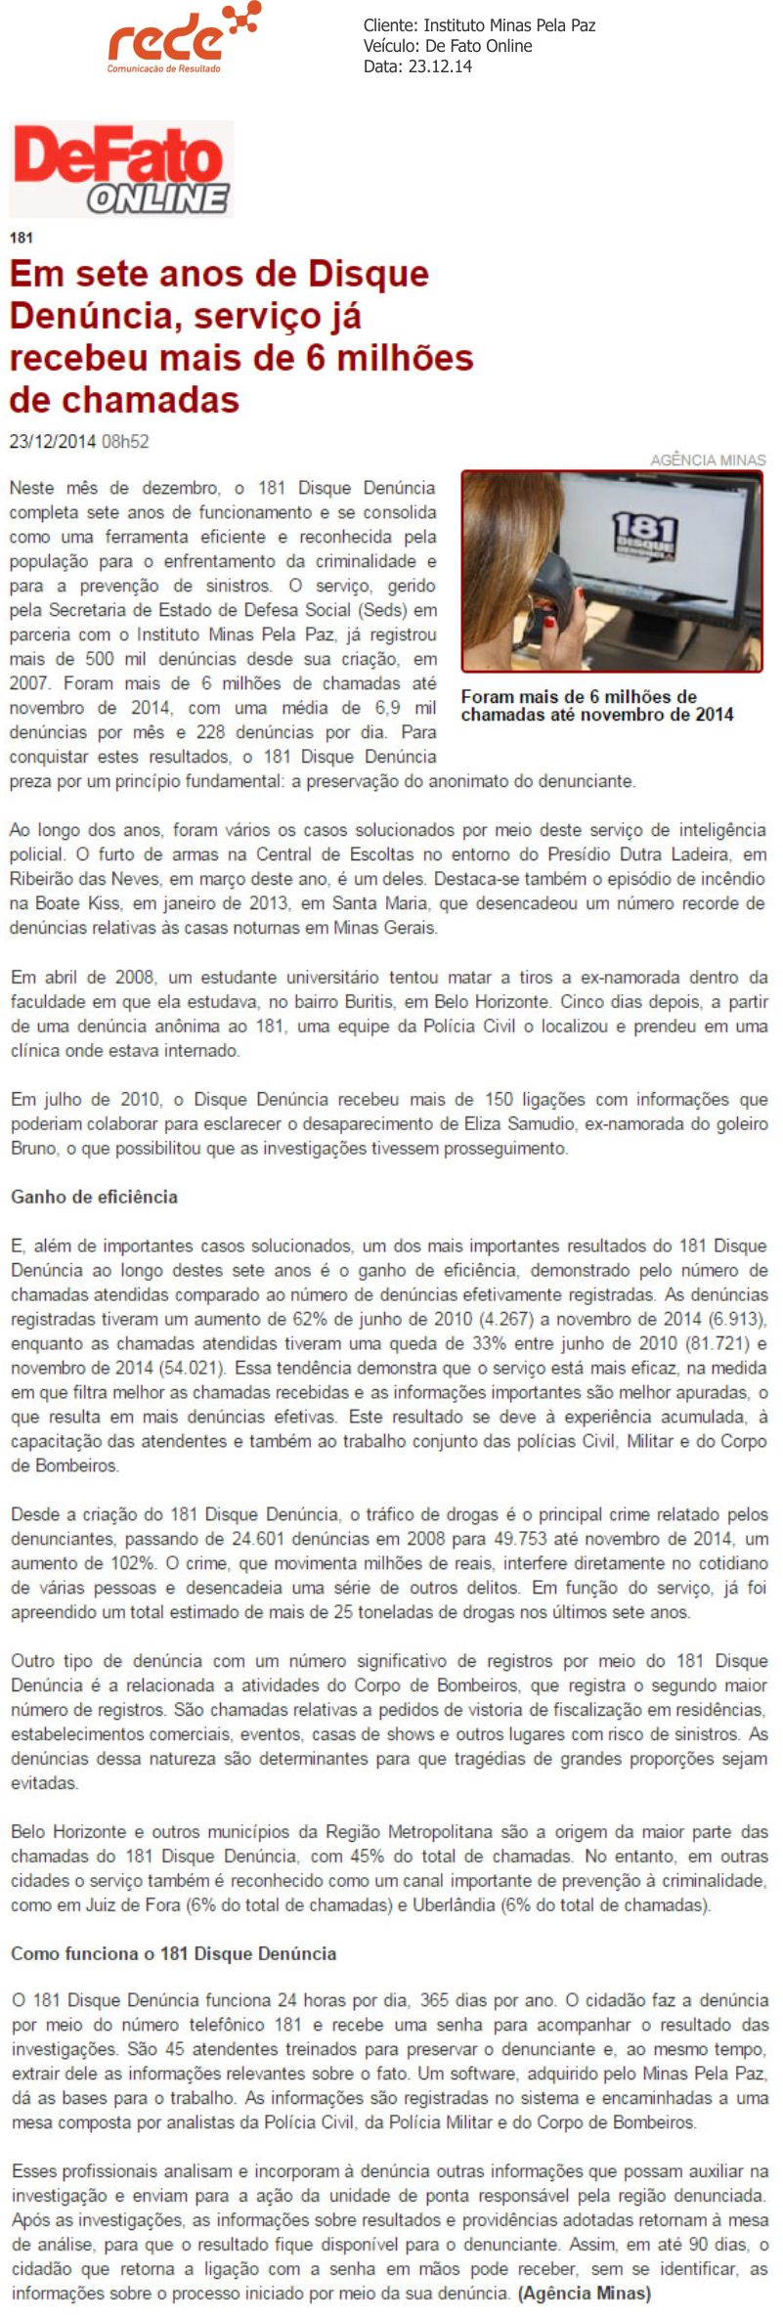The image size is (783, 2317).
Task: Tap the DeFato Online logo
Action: click(122, 169)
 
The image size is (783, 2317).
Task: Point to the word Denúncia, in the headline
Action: click(96, 316)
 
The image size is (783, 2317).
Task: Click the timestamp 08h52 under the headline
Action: click(125, 442)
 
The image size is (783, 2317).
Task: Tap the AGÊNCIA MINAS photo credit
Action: click(708, 459)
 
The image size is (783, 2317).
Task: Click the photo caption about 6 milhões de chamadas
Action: click(596, 705)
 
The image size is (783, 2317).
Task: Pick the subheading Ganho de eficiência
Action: click(94, 1197)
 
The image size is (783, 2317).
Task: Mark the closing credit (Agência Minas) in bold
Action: click(584, 2293)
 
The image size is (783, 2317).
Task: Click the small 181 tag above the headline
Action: click(21, 238)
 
